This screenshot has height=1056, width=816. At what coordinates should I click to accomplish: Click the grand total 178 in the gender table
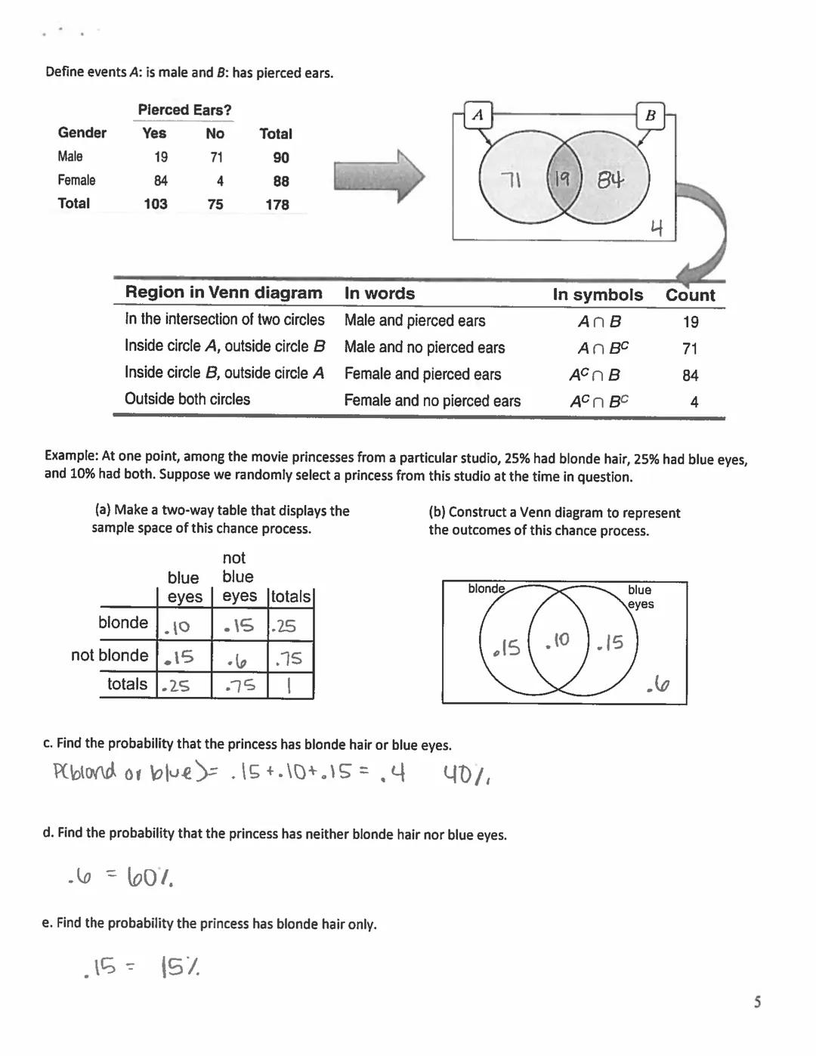tap(277, 204)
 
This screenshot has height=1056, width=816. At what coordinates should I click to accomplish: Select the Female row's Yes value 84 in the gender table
tap(160, 181)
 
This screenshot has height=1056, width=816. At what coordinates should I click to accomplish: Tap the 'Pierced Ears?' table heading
tap(184, 110)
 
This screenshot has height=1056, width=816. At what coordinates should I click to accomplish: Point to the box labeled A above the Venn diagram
tap(478, 115)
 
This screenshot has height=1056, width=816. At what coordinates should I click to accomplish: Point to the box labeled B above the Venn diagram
tap(650, 116)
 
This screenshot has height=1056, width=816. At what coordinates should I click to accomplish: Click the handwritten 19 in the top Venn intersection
tap(561, 179)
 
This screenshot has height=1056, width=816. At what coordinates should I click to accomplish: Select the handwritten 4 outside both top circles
tap(657, 228)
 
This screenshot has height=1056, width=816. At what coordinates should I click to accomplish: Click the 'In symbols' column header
tap(598, 295)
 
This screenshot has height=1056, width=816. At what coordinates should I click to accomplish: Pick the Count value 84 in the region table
tap(690, 375)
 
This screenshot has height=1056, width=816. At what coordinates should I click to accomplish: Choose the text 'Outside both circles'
tap(187, 399)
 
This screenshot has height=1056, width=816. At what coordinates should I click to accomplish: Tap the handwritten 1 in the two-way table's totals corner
tap(290, 686)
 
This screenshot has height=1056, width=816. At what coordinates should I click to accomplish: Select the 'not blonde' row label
tap(110, 655)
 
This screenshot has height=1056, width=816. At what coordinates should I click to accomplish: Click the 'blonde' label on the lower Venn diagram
tap(486, 588)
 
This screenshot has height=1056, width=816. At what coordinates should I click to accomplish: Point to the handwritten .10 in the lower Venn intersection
tap(557, 640)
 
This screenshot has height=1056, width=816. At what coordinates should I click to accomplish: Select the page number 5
tap(757, 1002)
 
